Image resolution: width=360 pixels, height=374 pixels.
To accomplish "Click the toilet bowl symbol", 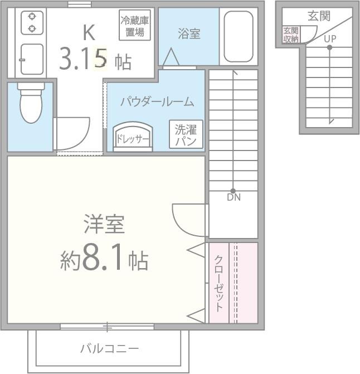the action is [31, 103].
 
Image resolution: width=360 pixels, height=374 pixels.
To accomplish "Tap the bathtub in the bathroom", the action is [239, 36].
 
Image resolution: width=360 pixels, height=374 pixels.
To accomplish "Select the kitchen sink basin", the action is [32, 59].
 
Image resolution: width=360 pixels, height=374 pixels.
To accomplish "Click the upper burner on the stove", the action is [32, 17].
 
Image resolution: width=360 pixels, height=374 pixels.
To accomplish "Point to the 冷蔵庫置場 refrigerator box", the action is [135, 25].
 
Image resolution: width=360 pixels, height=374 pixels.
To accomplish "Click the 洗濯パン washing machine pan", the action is [186, 134].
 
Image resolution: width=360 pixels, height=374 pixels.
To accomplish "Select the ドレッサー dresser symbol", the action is [133, 137].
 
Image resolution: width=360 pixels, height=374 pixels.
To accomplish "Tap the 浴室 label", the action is [189, 33].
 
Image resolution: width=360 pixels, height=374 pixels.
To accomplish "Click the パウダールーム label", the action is [157, 101].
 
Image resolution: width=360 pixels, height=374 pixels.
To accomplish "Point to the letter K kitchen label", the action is [89, 32].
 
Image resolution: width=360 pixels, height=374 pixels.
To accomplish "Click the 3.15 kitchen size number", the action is [83, 59].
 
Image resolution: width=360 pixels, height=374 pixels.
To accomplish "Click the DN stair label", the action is [233, 197].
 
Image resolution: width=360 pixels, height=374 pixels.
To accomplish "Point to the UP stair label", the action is [330, 38].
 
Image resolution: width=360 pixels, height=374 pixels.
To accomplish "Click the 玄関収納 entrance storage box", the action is [291, 35].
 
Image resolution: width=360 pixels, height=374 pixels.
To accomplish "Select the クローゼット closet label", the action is [218, 283].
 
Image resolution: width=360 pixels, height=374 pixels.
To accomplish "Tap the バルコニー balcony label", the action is [109, 349].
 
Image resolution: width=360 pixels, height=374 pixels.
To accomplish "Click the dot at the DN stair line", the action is [233, 191].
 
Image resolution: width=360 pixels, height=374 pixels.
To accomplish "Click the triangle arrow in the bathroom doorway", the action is [171, 57].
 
